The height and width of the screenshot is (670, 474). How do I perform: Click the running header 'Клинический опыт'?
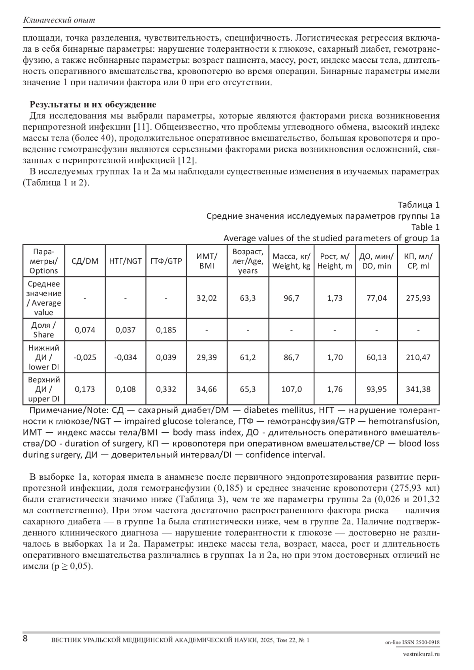tap(59, 20)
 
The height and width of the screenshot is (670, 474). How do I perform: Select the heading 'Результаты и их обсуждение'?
tap(93, 105)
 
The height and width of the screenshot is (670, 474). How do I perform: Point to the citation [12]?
tap(188, 160)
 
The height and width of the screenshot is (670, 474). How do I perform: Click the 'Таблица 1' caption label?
tap(418, 205)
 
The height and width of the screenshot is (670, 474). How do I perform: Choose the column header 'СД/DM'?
tap(85, 261)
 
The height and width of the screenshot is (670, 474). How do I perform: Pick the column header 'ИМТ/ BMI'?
tap(207, 261)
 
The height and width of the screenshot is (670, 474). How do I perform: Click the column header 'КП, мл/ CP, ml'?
tap(418, 261)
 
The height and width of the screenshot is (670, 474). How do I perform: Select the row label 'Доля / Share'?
tap(43, 330)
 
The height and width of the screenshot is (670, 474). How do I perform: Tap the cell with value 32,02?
tap(207, 298)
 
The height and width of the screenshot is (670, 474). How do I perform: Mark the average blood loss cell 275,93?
tap(418, 298)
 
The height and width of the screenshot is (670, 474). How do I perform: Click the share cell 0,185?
tap(166, 330)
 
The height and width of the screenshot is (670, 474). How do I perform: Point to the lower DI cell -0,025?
tap(85, 357)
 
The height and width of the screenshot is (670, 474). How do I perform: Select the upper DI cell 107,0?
tap(292, 389)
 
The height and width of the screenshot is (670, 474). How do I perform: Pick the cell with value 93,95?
tap(376, 389)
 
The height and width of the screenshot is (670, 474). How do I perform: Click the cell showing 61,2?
tap(248, 357)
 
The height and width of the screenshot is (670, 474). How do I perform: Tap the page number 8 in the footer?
tap(25, 638)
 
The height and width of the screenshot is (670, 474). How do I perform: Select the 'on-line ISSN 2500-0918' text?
tap(412, 642)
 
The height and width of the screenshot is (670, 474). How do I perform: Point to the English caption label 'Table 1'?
tap(425, 227)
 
